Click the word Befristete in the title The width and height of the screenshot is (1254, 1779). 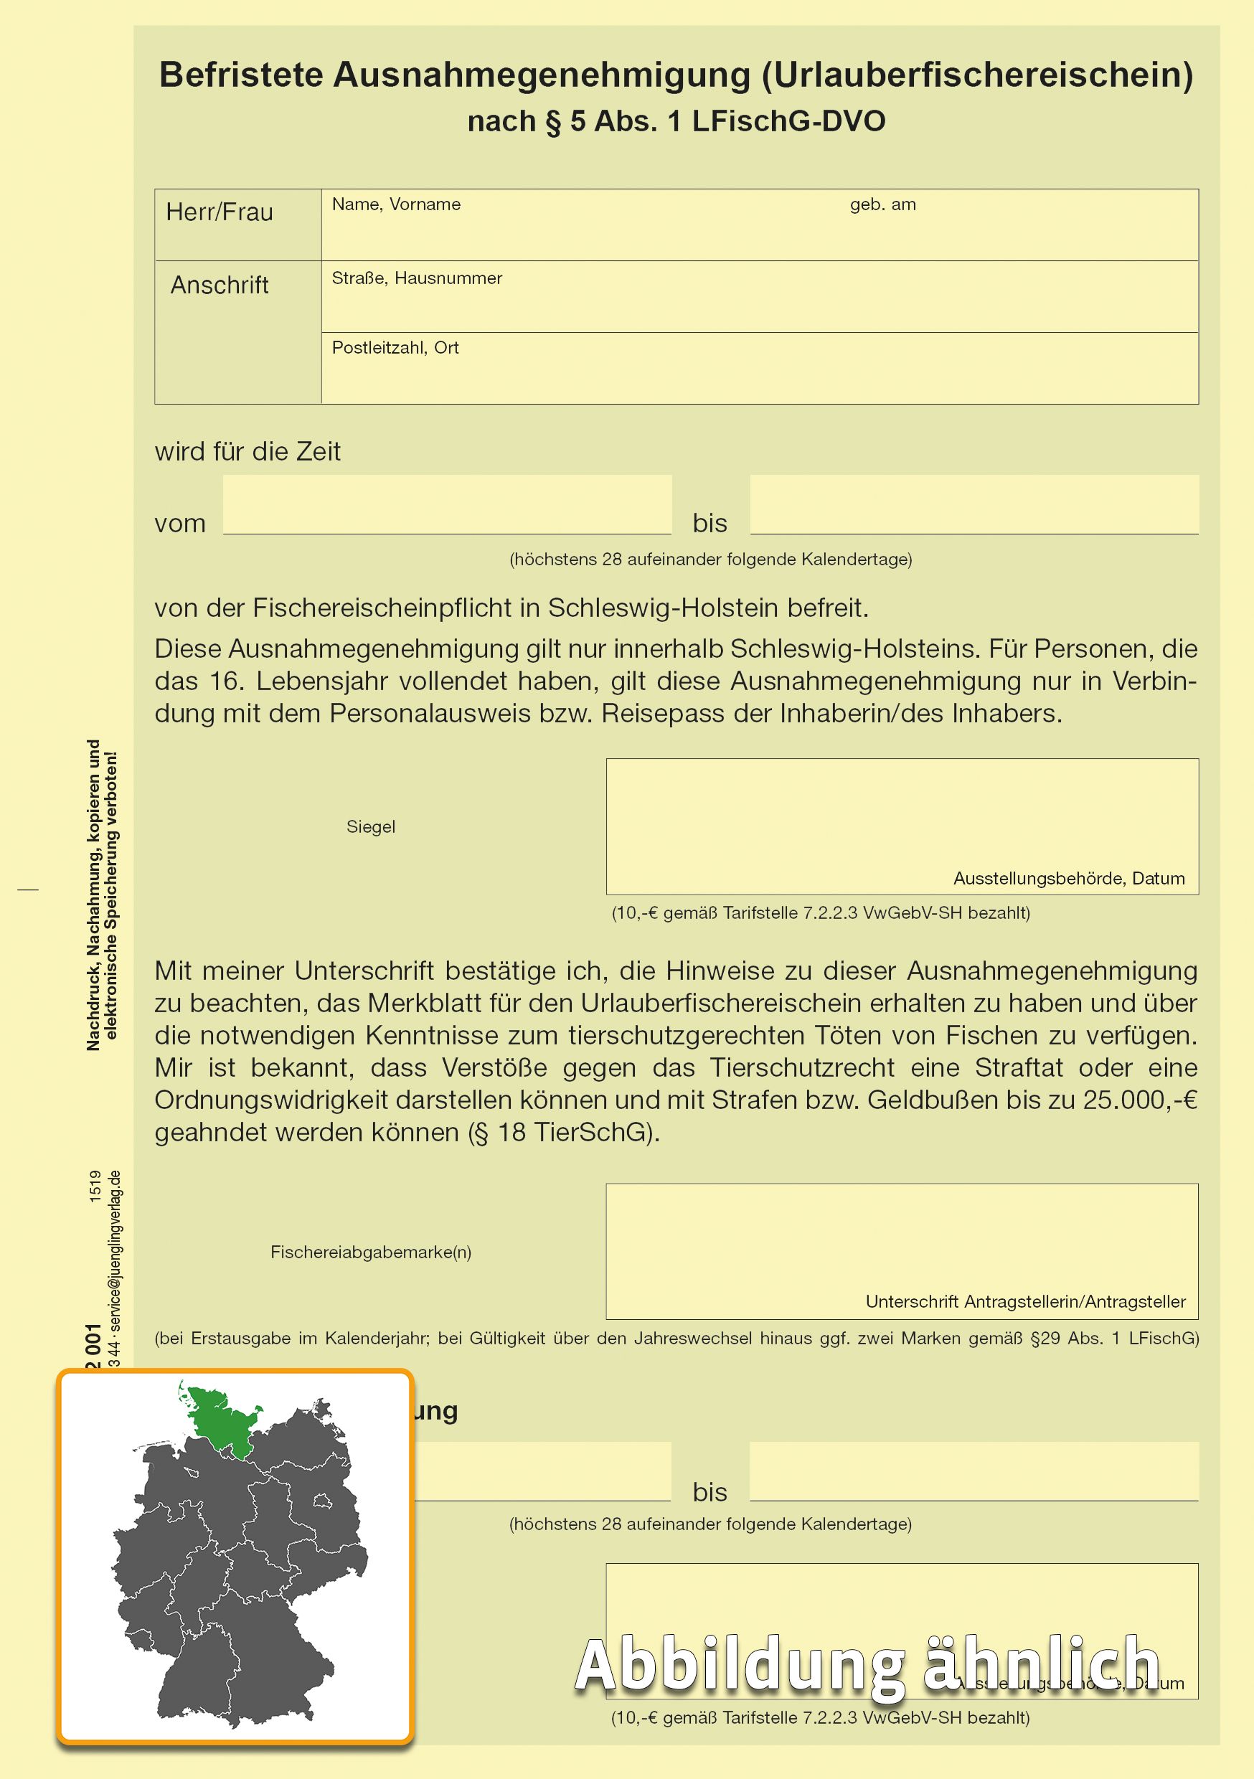pyautogui.click(x=241, y=75)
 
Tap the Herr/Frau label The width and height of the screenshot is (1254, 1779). pyautogui.click(x=220, y=212)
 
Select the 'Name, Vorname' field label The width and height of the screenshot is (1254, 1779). pyautogui.click(x=396, y=204)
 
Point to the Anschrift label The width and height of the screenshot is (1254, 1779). pyautogui.click(x=220, y=285)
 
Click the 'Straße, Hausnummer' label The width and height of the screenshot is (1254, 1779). pyautogui.click(x=416, y=278)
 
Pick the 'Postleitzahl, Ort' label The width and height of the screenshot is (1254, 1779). pyautogui.click(x=395, y=348)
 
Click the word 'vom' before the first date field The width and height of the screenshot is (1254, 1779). pyautogui.click(x=180, y=524)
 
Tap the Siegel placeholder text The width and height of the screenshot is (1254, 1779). pyautogui.click(x=370, y=827)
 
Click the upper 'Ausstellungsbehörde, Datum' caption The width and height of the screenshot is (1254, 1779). pyautogui.click(x=1068, y=879)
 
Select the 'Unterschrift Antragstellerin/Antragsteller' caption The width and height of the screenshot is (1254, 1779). pyautogui.click(x=1024, y=1302)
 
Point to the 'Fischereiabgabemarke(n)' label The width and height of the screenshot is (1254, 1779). pyautogui.click(x=370, y=1252)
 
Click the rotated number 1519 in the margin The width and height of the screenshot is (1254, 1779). pyautogui.click(x=95, y=1186)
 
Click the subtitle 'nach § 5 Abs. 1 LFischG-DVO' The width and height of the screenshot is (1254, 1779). pyautogui.click(x=676, y=122)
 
